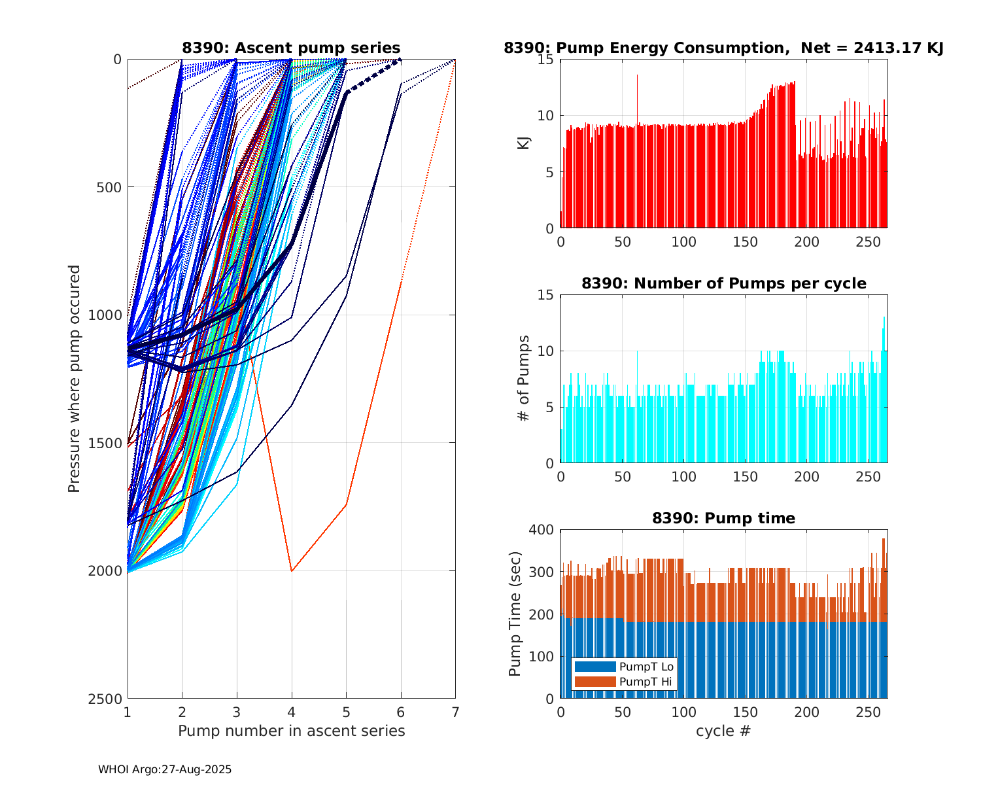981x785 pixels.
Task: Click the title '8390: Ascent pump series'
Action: (x=291, y=48)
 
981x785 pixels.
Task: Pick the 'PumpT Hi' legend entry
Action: (x=646, y=682)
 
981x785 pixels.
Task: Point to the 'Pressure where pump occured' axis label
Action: (x=75, y=379)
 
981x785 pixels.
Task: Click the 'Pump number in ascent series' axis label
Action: (x=291, y=731)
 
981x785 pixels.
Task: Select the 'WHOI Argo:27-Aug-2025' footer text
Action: (x=165, y=770)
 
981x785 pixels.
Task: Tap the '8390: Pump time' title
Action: (x=723, y=518)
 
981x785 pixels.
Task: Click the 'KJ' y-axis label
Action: (x=524, y=143)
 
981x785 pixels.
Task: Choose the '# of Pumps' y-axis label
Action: (x=524, y=378)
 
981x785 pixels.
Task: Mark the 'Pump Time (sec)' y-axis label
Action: (x=515, y=614)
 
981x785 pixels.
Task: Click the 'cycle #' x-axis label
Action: (x=723, y=731)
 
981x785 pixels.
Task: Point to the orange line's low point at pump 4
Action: (x=292, y=570)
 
